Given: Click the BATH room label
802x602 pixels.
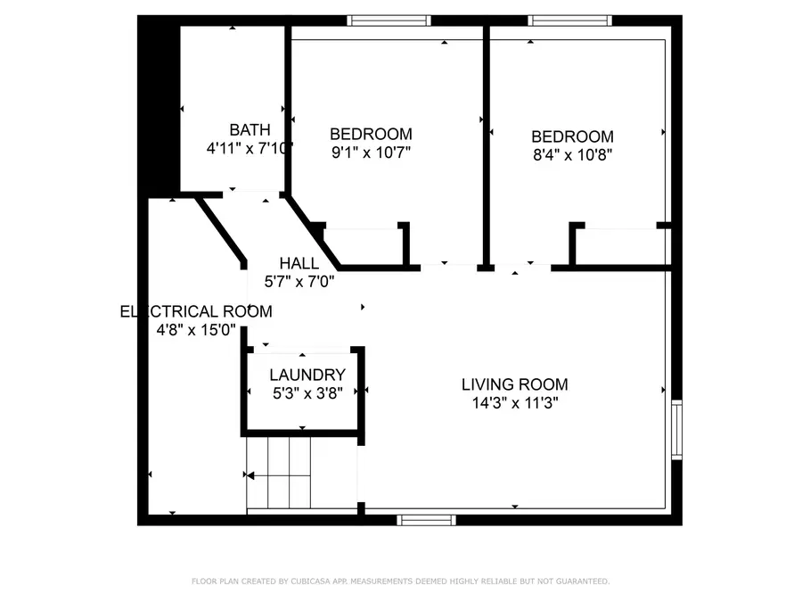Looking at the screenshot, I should pyautogui.click(x=250, y=130).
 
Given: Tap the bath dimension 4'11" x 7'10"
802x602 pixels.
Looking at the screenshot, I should pyautogui.click(x=250, y=149).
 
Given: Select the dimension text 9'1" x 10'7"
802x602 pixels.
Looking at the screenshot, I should pyautogui.click(x=371, y=153).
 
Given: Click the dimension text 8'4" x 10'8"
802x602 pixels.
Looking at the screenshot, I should pyautogui.click(x=572, y=154).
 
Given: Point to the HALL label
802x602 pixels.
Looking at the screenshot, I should pyautogui.click(x=299, y=263).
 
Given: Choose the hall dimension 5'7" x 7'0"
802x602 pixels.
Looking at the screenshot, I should pyautogui.click(x=299, y=281).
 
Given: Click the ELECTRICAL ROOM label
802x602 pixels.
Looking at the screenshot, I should pyautogui.click(x=196, y=311).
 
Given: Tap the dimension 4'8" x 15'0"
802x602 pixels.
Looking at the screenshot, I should pyautogui.click(x=196, y=330).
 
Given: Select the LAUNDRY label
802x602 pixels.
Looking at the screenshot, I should pyautogui.click(x=307, y=375).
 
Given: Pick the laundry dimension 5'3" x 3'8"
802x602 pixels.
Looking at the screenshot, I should pyautogui.click(x=307, y=393).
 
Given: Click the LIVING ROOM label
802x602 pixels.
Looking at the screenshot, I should pyautogui.click(x=514, y=384).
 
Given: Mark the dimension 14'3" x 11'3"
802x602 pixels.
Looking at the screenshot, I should pyautogui.click(x=514, y=403).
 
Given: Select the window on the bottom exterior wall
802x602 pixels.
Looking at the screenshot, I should pyautogui.click(x=426, y=519).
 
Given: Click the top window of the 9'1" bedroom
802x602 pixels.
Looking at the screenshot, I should pyautogui.click(x=389, y=21).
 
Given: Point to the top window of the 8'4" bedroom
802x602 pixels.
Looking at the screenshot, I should pyautogui.click(x=569, y=21).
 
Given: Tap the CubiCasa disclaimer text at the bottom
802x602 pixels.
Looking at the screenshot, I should pyautogui.click(x=401, y=581).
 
